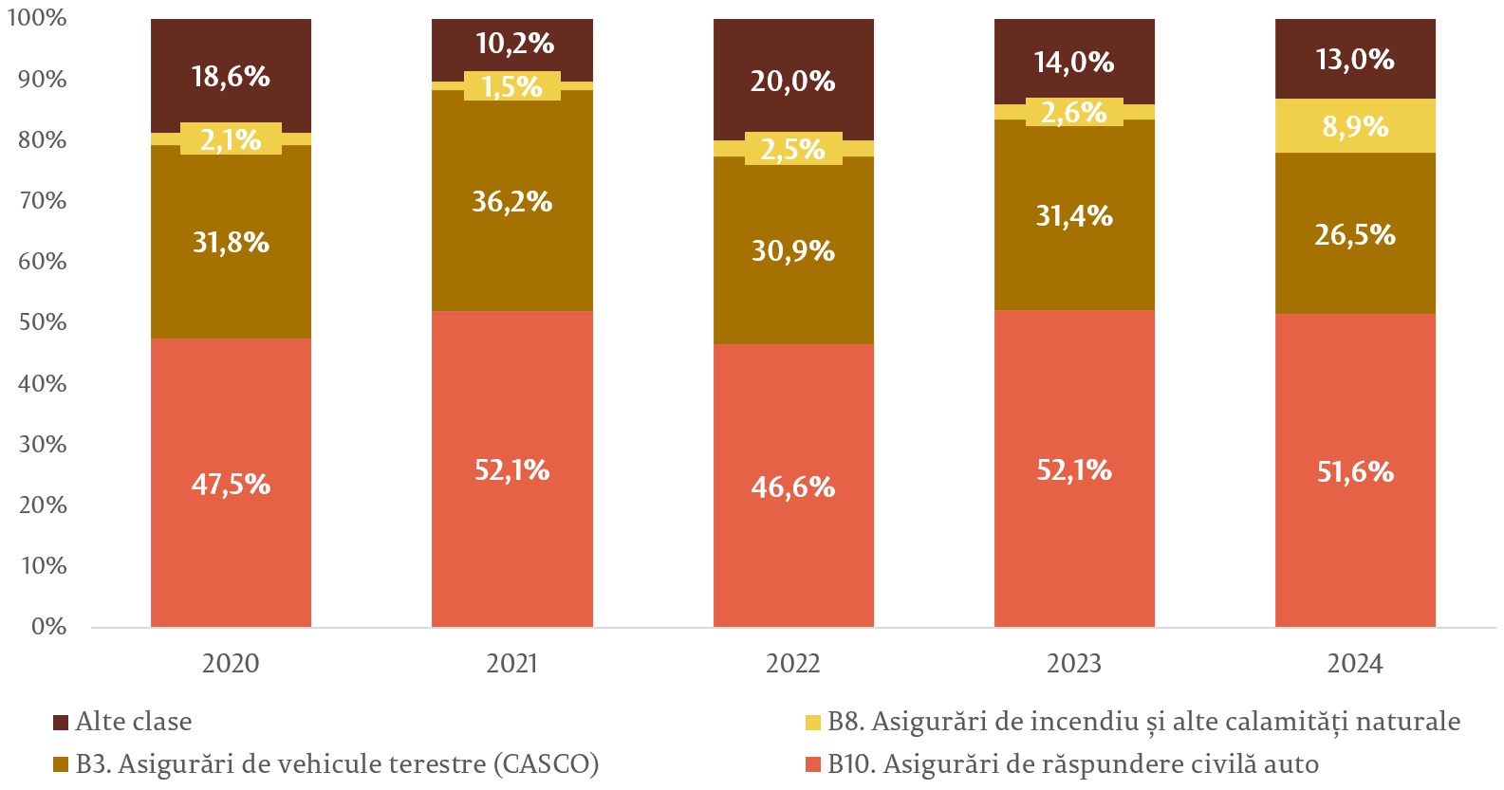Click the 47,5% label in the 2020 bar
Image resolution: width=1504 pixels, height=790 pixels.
pyautogui.click(x=231, y=485)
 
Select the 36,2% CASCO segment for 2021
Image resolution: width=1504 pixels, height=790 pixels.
pyautogui.click(x=511, y=201)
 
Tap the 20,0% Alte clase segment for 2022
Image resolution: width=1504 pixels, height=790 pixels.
pyautogui.click(x=792, y=82)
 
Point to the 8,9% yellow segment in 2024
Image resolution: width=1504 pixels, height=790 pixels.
pyautogui.click(x=1354, y=126)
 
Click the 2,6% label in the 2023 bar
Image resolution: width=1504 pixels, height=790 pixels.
pyautogui.click(x=1073, y=113)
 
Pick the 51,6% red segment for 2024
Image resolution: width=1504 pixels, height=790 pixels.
pyautogui.click(x=1354, y=471)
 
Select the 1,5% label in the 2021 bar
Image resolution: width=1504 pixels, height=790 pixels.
pyautogui.click(x=511, y=87)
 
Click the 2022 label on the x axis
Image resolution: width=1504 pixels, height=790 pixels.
pyautogui.click(x=792, y=663)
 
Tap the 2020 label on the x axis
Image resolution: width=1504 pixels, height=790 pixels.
pyautogui.click(x=231, y=663)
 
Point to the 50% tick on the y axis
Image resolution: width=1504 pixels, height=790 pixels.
pyautogui.click(x=43, y=322)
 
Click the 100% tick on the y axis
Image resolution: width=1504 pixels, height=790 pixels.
pyautogui.click(x=37, y=18)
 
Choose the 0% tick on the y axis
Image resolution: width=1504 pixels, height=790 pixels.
pyautogui.click(x=48, y=627)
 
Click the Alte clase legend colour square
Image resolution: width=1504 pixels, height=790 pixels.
pyautogui.click(x=61, y=723)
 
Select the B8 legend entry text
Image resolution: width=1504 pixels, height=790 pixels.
pyautogui.click(x=1143, y=722)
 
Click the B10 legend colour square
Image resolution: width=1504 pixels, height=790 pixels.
pyautogui.click(x=812, y=764)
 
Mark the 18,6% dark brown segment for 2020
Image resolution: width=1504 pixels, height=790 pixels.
pyautogui.click(x=231, y=76)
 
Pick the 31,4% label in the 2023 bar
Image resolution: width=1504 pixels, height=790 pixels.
pyautogui.click(x=1073, y=216)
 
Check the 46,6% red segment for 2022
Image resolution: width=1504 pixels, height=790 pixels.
pyautogui.click(x=792, y=487)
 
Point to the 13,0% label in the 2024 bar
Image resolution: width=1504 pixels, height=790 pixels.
pyautogui.click(x=1354, y=60)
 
